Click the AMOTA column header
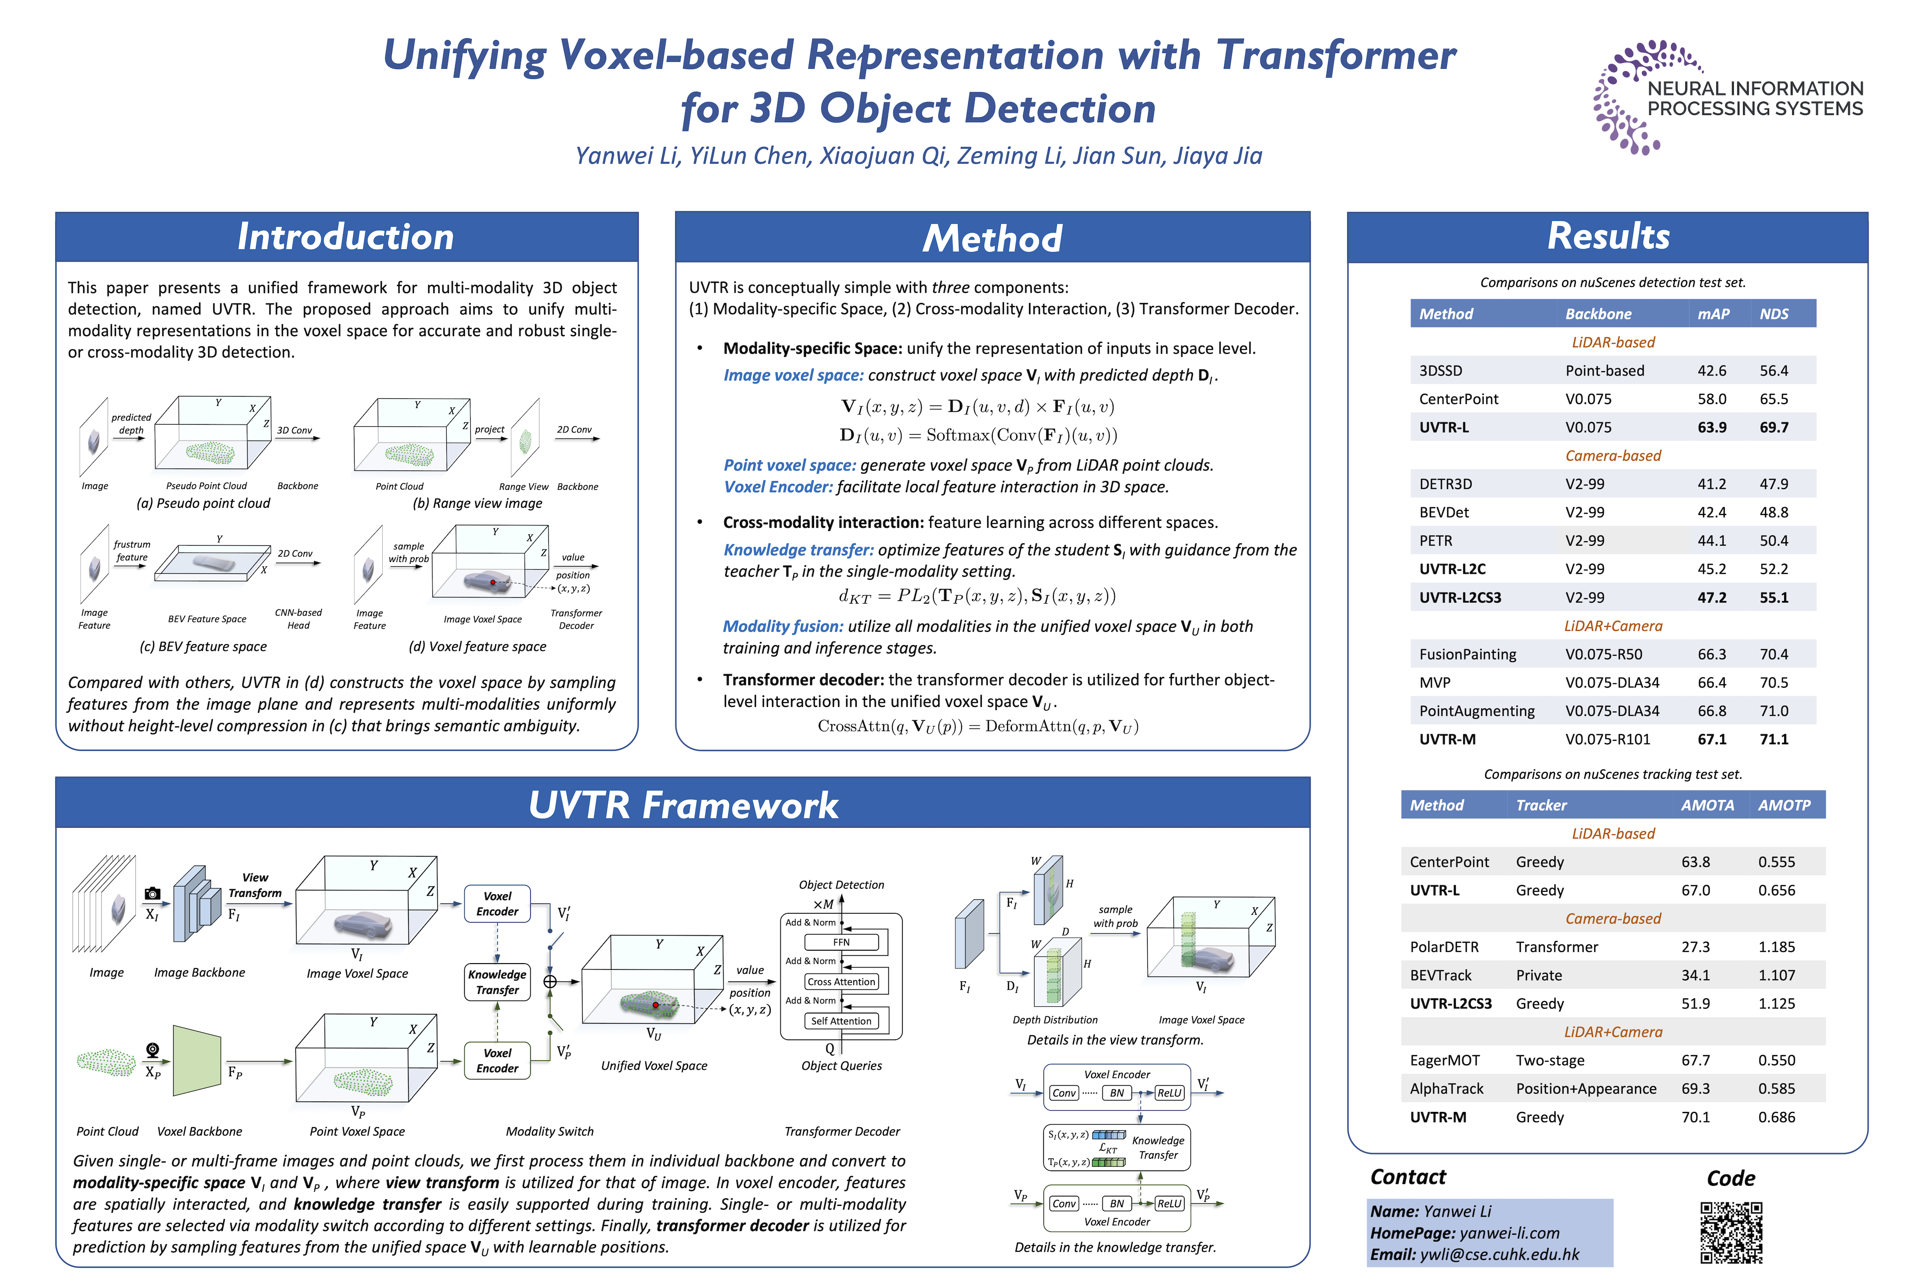click(1707, 805)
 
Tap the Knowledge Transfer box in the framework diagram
click(497, 982)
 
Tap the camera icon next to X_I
click(152, 894)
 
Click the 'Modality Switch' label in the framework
click(550, 1132)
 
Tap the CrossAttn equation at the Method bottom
click(978, 727)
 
